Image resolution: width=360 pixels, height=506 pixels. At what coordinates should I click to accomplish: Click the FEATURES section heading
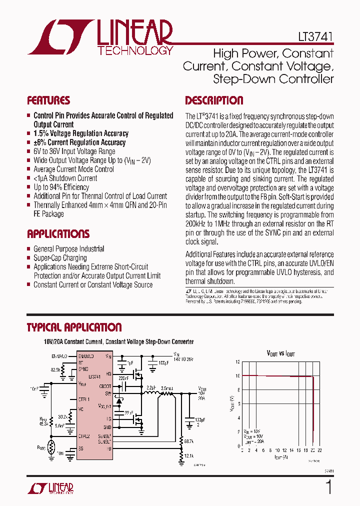click(48, 100)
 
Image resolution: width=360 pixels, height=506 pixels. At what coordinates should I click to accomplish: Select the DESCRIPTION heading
click(214, 100)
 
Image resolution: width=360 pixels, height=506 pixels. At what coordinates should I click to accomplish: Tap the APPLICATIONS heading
click(58, 234)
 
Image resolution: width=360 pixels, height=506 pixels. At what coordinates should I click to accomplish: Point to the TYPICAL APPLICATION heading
click(74, 327)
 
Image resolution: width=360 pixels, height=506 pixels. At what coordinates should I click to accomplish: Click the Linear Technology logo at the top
click(100, 37)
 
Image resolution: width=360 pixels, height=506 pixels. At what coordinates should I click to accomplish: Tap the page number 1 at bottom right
click(328, 486)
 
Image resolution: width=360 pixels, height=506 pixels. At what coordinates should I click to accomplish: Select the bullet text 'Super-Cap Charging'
click(60, 258)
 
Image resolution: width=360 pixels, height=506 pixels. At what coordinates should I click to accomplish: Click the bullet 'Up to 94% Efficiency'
click(61, 187)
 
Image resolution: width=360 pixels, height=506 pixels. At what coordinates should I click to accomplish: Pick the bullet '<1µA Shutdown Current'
click(65, 178)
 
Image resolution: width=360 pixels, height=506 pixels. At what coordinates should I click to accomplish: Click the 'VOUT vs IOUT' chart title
click(280, 353)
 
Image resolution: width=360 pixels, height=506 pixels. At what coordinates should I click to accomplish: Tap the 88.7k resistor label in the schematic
click(189, 440)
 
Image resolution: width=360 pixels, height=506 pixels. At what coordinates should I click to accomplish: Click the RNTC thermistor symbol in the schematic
click(51, 447)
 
